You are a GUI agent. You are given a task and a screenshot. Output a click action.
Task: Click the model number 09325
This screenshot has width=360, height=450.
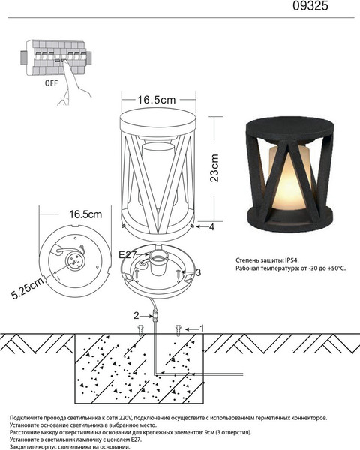point(310,6)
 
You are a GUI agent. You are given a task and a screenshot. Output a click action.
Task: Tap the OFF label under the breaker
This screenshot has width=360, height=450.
point(52,83)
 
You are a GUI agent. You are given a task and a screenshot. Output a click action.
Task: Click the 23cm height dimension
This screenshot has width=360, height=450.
point(214,168)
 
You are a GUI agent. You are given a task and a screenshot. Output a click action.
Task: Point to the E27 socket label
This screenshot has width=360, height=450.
point(127,255)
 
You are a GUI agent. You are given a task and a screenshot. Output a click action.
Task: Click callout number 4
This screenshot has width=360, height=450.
point(211,227)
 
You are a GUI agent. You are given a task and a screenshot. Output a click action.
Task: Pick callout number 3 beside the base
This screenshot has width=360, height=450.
point(198,272)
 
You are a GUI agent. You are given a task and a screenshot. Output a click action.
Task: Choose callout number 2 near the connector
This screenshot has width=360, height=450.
point(136,316)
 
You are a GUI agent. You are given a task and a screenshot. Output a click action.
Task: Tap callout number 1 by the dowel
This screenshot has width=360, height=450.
point(202,328)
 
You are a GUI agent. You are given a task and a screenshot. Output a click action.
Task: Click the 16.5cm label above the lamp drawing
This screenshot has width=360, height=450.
point(157,100)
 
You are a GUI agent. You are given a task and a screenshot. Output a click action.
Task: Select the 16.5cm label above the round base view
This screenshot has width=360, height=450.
point(85,214)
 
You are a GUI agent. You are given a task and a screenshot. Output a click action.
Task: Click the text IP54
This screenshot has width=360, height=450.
point(292,260)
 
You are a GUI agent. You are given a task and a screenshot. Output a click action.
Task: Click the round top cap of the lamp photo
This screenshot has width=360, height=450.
point(290,128)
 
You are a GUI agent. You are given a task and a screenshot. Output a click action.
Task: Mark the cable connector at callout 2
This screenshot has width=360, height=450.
point(155,315)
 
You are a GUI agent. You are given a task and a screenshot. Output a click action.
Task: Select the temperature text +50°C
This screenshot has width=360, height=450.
point(337,268)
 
